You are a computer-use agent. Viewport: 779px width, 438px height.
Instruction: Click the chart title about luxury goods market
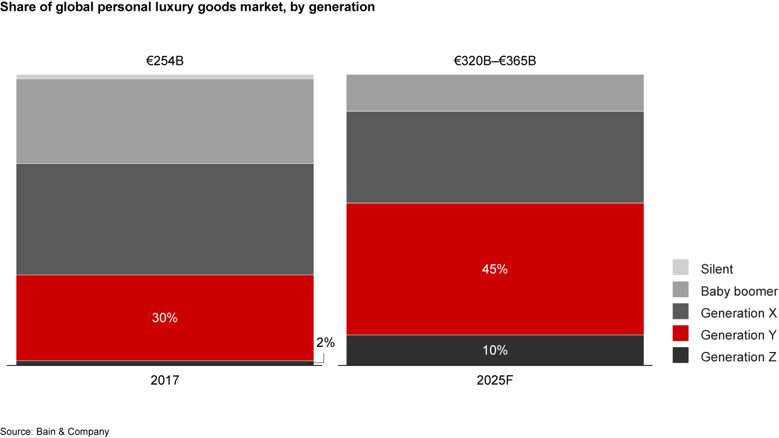coord(187,7)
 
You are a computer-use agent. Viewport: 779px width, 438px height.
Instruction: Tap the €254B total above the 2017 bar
coord(164,61)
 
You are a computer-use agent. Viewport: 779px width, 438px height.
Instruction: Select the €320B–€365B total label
coord(494,61)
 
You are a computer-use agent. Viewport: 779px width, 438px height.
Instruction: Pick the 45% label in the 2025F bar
coord(494,269)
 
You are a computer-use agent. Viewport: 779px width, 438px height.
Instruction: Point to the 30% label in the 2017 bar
coord(164,318)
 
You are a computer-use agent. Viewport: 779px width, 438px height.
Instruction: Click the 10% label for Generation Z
coord(494,350)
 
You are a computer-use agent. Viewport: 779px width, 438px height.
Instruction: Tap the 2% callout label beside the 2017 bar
coord(326,342)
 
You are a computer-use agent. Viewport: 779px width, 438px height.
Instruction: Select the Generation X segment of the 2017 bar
coord(164,219)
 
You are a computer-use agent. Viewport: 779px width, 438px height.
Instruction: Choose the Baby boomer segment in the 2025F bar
coord(494,92)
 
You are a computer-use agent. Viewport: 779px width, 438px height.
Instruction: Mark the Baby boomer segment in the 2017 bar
coord(164,121)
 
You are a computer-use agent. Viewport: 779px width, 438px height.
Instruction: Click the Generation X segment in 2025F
coord(494,157)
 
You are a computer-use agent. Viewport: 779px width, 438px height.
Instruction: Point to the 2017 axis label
coord(164,381)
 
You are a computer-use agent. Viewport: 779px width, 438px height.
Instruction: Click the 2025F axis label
coord(494,381)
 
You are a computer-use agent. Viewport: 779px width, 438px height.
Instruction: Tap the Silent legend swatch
coord(681,268)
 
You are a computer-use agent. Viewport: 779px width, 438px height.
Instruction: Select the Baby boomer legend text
coord(739,291)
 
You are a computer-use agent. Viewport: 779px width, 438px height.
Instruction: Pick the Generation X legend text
coord(738,313)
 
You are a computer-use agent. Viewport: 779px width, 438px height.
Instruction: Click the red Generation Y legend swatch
coord(681,334)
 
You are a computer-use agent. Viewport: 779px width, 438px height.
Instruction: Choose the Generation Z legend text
coord(738,357)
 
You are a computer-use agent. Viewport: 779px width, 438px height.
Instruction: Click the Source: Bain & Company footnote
coord(55,432)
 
